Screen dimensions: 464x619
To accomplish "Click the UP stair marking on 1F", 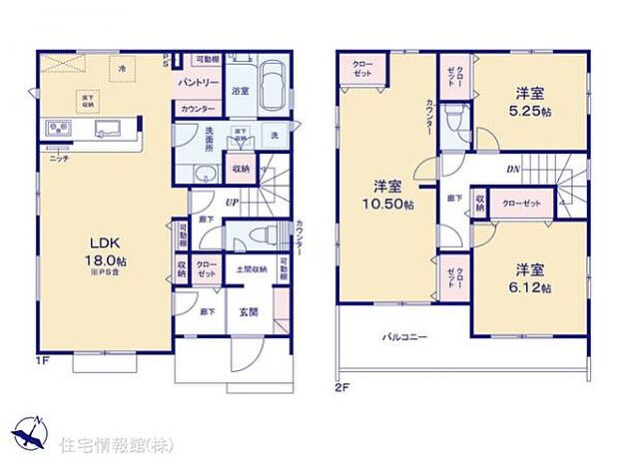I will pos(231,204).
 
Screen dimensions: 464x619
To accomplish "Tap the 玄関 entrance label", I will pos(249,309).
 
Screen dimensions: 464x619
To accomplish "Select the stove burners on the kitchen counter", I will pos(56,128).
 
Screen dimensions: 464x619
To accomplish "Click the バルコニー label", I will pos(404,337).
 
